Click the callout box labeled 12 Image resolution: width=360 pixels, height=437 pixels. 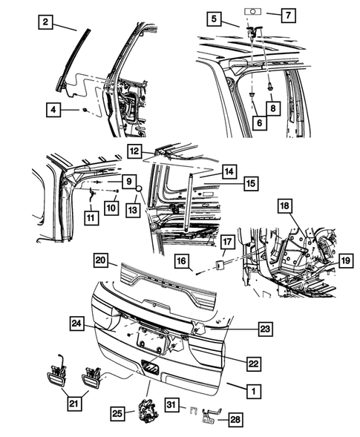point(134,151)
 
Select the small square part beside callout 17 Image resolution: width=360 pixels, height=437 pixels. point(220,263)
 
